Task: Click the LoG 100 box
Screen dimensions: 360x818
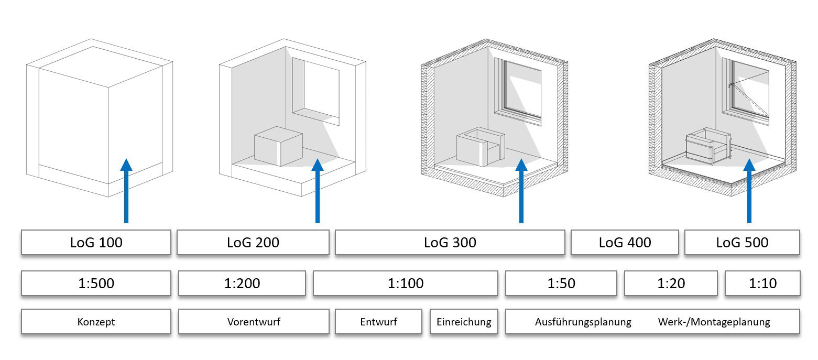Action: click(x=96, y=243)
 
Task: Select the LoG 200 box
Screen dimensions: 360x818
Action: click(x=253, y=243)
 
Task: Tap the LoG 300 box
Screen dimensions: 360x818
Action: click(x=450, y=243)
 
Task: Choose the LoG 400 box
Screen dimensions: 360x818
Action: click(x=625, y=243)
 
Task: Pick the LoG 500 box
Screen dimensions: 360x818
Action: click(x=742, y=243)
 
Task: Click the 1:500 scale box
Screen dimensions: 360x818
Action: click(x=96, y=283)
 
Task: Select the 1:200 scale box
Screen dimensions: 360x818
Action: click(x=242, y=283)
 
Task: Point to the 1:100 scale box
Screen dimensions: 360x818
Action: click(x=405, y=283)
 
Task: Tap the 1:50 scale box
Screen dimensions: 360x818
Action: click(x=561, y=283)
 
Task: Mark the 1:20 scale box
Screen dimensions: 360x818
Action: click(x=671, y=283)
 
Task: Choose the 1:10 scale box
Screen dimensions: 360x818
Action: click(x=762, y=283)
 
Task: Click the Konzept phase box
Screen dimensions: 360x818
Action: click(x=96, y=322)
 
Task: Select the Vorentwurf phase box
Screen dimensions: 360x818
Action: click(x=254, y=322)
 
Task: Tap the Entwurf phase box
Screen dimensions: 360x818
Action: click(x=378, y=322)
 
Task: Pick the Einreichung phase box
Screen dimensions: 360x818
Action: click(x=464, y=322)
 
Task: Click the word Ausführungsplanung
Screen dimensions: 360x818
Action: click(x=583, y=322)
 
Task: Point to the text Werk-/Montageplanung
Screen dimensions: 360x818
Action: click(x=714, y=322)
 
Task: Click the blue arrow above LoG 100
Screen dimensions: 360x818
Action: click(x=125, y=191)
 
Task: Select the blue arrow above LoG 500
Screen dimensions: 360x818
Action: click(x=749, y=191)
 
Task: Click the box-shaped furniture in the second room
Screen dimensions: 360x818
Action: click(x=278, y=147)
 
